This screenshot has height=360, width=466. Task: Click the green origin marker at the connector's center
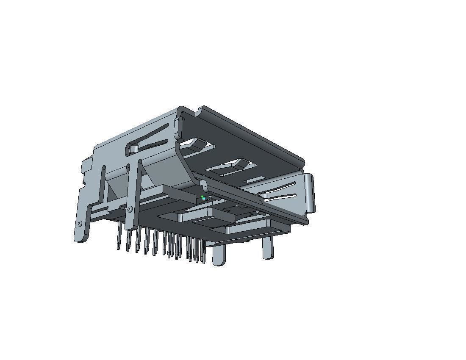pos(203,198)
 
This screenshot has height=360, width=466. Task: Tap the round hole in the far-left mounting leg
pos(80,224)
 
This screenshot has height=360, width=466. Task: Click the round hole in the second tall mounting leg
pos(129,209)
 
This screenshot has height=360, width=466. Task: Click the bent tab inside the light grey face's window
pos(133,149)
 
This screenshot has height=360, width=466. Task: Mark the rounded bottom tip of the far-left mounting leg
pos(80,240)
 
